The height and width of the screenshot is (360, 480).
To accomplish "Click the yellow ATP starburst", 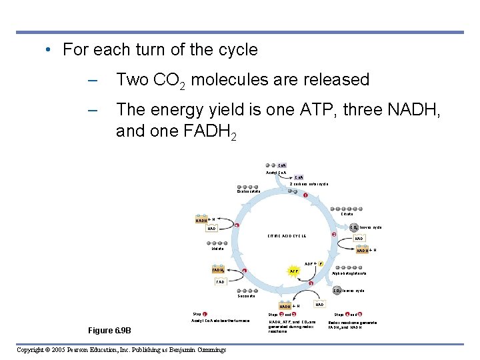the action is point(293,271).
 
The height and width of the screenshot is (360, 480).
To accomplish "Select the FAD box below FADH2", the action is point(220,282).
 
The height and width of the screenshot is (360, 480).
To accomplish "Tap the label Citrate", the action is point(347,214).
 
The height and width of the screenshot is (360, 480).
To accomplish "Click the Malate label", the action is point(217,249).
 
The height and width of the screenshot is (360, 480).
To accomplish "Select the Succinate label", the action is point(248,296).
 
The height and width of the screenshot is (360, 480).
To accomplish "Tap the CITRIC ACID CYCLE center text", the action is point(287,236).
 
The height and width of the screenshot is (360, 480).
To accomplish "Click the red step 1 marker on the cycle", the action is point(305,195).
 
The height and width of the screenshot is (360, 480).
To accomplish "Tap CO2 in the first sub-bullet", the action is point(171,81).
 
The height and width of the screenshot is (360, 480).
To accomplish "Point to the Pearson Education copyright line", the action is point(121,350).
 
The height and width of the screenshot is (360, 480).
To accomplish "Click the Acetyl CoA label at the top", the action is point(276,173).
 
